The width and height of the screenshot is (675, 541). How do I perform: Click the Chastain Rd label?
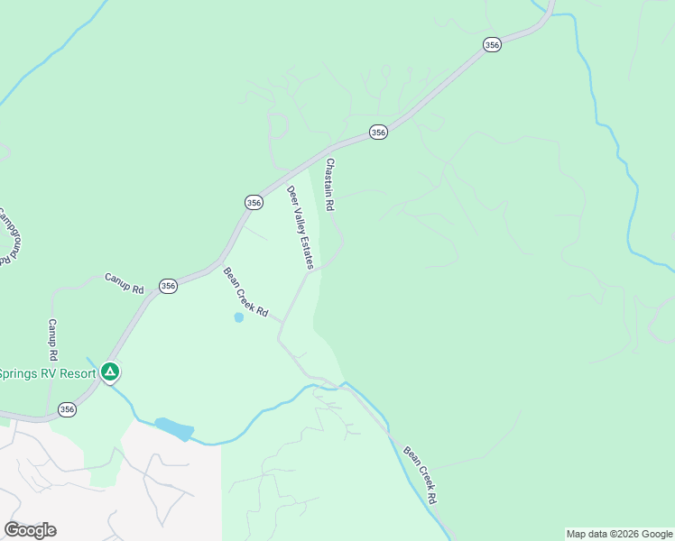coord(330,185)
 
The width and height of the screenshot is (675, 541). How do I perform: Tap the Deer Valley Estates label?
coord(301,227)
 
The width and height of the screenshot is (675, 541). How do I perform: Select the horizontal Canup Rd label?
coord(125,284)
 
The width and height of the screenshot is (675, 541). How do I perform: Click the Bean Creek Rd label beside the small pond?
coord(246,292)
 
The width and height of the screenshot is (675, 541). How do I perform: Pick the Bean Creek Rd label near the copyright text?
coord(421,474)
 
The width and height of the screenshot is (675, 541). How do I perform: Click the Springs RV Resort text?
coord(47,373)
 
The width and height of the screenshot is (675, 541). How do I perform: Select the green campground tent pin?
coord(110,371)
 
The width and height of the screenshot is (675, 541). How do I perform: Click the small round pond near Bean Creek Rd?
coord(238,317)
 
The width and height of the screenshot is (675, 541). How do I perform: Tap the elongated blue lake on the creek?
coord(173,428)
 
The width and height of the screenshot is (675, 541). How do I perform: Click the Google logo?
coord(30,530)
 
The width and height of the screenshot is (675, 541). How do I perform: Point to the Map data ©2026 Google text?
coord(619,534)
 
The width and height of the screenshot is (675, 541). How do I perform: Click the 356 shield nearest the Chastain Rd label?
coord(378,133)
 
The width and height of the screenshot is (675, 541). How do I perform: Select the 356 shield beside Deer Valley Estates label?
coord(254,203)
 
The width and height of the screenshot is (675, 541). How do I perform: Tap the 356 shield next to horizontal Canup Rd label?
coord(168,286)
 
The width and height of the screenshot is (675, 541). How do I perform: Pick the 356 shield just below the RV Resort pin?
coord(67,409)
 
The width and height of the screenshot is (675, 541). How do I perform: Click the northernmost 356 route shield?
coord(492,45)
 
